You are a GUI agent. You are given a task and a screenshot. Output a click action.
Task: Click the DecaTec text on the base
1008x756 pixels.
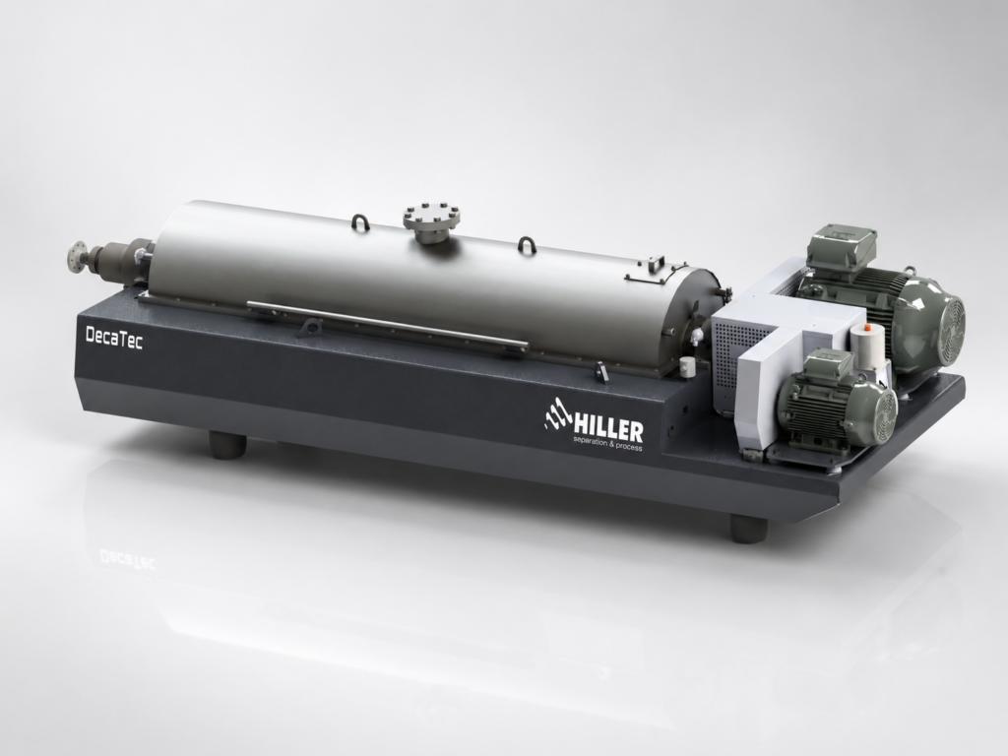click(x=114, y=338)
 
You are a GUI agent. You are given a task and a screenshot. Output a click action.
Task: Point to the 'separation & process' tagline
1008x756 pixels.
click(x=607, y=444)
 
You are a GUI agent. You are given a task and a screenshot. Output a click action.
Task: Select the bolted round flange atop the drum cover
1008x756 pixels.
click(x=432, y=218)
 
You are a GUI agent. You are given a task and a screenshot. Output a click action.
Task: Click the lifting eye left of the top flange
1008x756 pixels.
click(x=360, y=221)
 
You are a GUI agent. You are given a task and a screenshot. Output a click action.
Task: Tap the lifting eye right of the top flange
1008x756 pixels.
click(x=528, y=245)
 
